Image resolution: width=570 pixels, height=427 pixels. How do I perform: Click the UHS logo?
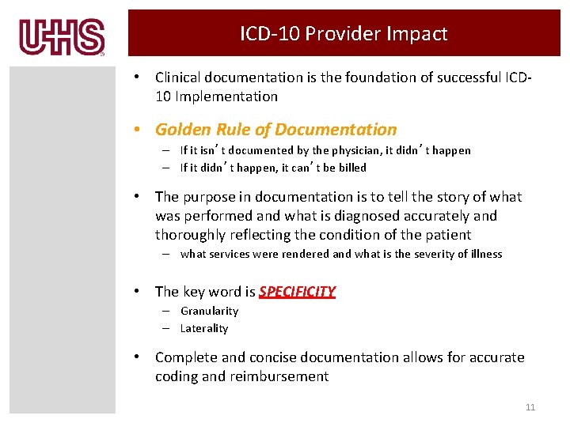coord(63,37)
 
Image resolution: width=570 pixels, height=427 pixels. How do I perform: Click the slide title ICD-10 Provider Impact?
coord(344,34)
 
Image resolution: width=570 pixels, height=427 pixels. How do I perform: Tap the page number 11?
coord(530,407)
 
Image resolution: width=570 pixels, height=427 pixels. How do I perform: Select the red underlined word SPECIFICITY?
coord(297,292)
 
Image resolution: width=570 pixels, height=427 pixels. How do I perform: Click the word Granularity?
coord(209,312)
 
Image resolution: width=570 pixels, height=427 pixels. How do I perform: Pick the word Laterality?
coord(204,329)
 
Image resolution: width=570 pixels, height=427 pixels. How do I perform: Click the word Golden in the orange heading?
coord(183,130)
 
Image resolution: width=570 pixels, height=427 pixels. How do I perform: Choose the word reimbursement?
coord(279,377)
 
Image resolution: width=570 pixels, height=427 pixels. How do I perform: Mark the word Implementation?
coord(226,96)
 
